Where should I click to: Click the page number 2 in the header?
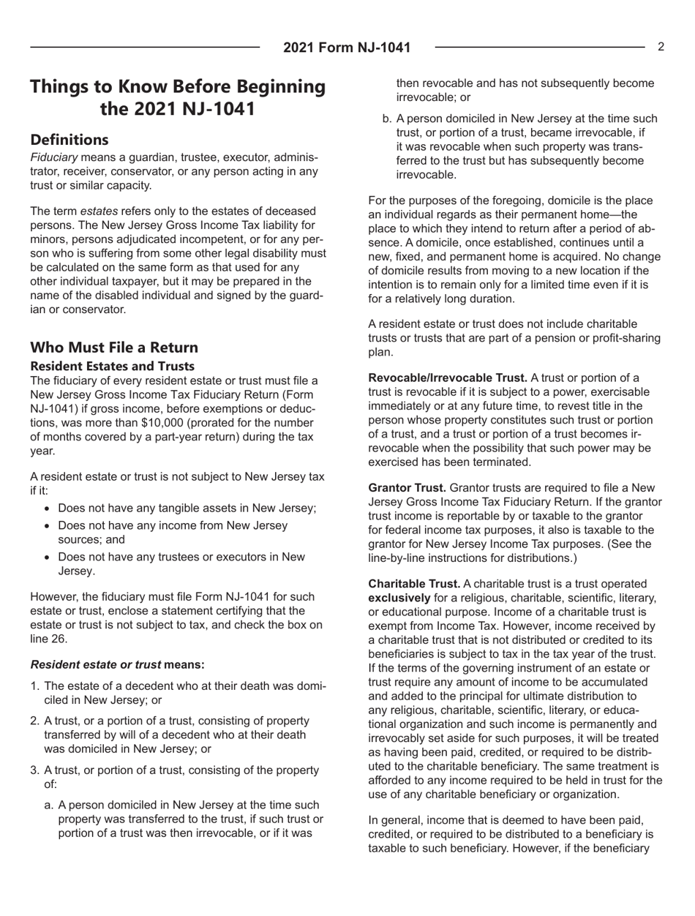[x=661, y=47]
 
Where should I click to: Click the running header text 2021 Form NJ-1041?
[x=347, y=48]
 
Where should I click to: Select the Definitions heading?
[x=69, y=139]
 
